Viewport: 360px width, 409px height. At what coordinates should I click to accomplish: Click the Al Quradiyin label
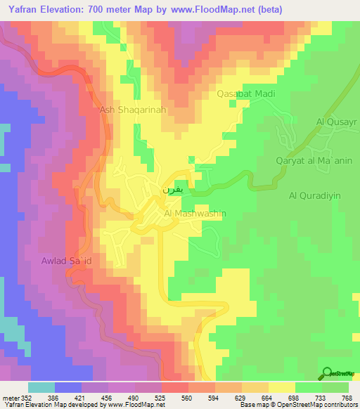(x=312, y=196)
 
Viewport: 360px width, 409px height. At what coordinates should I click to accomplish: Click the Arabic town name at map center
(x=162, y=190)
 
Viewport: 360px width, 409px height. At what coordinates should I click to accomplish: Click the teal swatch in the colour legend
(x=41, y=388)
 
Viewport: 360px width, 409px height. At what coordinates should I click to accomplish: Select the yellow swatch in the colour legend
(x=281, y=388)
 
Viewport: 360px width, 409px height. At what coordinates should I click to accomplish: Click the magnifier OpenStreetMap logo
(x=328, y=373)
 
